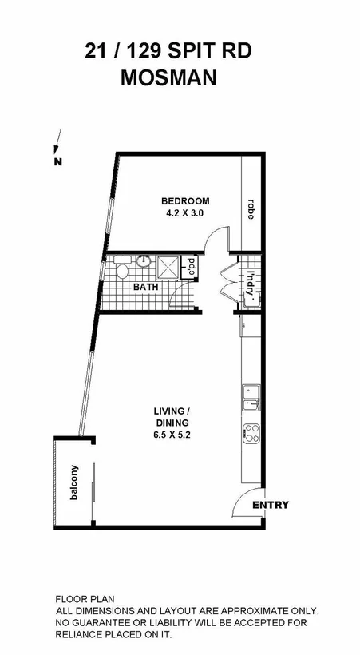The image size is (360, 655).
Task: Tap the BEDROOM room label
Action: coord(185,200)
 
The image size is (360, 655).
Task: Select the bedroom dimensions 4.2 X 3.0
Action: coord(185,213)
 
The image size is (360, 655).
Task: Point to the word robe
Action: coord(250,209)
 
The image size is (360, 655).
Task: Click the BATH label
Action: coord(145,286)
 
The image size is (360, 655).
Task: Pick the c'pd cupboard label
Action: coord(192,266)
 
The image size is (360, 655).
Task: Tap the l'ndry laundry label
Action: coord(250,281)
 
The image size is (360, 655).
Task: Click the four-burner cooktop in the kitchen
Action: coord(251,434)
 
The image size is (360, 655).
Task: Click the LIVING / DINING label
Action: coord(172,418)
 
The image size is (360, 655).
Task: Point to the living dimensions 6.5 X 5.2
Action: coord(172,436)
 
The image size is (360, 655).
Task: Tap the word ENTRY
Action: coord(271,506)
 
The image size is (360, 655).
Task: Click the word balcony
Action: coord(74,482)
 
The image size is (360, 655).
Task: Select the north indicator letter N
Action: coord(57,162)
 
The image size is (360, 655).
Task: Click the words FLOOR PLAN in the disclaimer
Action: coord(85,598)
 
